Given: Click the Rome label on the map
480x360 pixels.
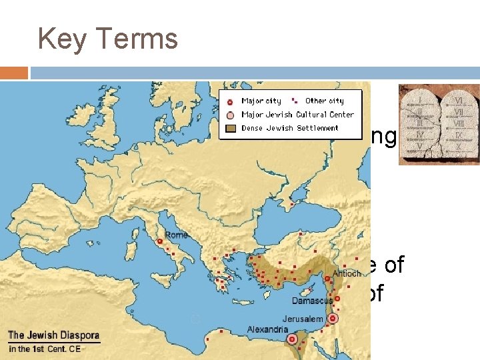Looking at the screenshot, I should click(176, 235).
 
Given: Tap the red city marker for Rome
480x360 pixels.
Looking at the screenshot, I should click(160, 242).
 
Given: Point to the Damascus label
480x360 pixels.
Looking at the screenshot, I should click(312, 301).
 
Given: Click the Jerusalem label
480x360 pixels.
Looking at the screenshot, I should click(302, 319).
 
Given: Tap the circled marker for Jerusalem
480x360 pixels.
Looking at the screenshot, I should click(333, 319).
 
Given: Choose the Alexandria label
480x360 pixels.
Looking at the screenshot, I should click(267, 329).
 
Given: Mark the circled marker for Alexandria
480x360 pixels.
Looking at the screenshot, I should click(291, 339).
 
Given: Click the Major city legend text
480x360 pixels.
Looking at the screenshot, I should click(261, 101).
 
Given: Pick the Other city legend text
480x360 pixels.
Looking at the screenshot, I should click(325, 101).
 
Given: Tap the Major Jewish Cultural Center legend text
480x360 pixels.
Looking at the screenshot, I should click(297, 114).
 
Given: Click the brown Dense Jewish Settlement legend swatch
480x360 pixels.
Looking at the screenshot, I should click(229, 128).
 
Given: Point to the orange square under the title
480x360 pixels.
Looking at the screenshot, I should click(14, 73).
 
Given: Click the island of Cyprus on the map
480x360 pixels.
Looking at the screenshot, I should click(307, 291).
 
